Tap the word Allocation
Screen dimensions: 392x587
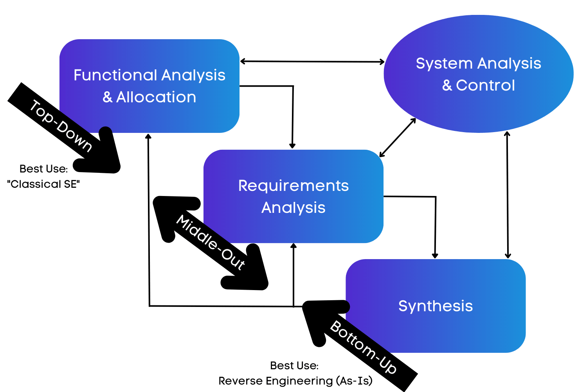pyautogui.click(x=156, y=97)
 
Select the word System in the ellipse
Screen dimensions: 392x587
pyautogui.click(x=444, y=64)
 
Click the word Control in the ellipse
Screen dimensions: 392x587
pyautogui.click(x=485, y=85)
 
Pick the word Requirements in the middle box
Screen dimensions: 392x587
pyautogui.click(x=293, y=186)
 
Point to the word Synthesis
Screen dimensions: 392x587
pyautogui.click(x=435, y=306)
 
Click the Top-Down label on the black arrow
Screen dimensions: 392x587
pyautogui.click(x=61, y=125)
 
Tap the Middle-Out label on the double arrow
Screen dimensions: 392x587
pyautogui.click(x=211, y=242)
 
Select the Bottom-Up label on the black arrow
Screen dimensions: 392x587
pyautogui.click(x=364, y=347)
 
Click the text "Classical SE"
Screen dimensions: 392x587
pyautogui.click(x=43, y=184)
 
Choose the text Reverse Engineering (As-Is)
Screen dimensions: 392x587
pyautogui.click(x=295, y=381)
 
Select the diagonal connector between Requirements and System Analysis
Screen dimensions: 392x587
pyautogui.click(x=398, y=138)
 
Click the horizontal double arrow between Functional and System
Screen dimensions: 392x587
pyautogui.click(x=312, y=62)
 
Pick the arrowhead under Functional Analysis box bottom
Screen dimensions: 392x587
pyautogui.click(x=148, y=136)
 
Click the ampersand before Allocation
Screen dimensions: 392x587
pyautogui.click(x=107, y=98)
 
